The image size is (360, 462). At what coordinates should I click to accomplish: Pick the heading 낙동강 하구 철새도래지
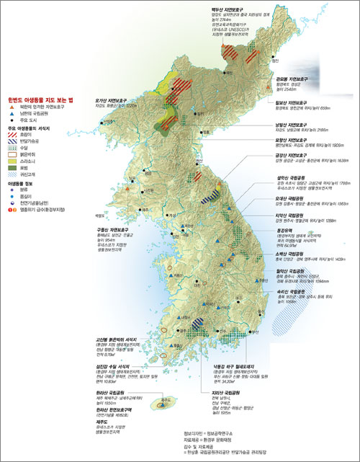click(237, 347)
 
